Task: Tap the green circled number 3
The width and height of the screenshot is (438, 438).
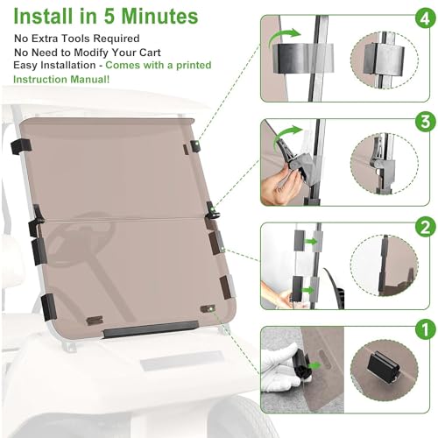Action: pos(426,122)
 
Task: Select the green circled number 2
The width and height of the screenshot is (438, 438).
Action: pos(426,227)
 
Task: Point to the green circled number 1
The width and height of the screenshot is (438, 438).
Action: pos(426,328)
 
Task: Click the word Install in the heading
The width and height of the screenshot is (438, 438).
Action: pos(43,16)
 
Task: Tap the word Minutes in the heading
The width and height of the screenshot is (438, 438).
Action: pos(159,16)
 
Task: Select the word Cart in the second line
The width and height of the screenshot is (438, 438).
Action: pos(150,53)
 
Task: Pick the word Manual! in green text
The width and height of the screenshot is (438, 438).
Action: pos(90,80)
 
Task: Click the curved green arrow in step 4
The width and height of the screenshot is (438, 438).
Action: pos(282,37)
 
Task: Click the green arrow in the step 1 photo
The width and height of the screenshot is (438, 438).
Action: pos(314,365)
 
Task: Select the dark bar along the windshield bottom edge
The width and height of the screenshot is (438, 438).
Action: pos(151,329)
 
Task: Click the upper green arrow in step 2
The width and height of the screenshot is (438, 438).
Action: pos(312,242)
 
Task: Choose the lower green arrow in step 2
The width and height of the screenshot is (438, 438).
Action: pos(308,290)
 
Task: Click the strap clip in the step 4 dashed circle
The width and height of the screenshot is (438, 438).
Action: pos(384,60)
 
